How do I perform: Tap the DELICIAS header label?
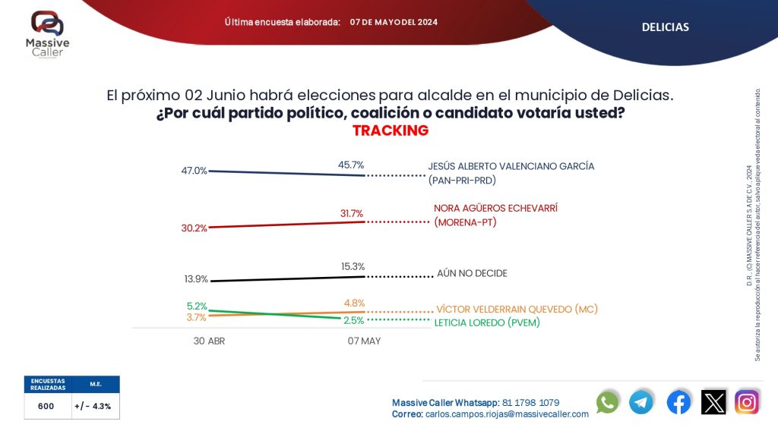tap(665, 27)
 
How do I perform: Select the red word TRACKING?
tap(391, 130)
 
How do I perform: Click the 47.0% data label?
tap(194, 171)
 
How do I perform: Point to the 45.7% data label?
tap(351, 164)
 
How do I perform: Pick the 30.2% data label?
tap(194, 228)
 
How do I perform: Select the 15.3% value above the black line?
tap(353, 266)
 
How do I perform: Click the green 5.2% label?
tap(197, 306)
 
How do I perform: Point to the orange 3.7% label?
tap(197, 317)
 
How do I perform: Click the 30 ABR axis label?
tap(209, 341)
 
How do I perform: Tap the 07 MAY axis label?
tap(364, 341)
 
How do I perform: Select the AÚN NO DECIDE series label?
tap(472, 273)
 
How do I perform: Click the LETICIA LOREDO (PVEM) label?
tap(492, 322)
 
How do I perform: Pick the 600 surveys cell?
tap(46, 406)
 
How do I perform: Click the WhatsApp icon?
tap(607, 402)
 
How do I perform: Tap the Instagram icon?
tap(747, 402)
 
